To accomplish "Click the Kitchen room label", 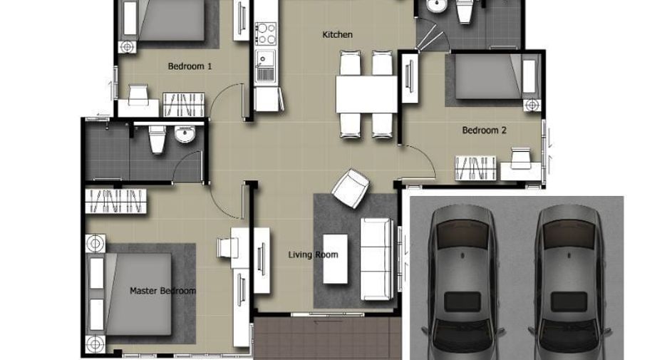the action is tap(337, 34).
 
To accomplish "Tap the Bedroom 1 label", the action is tap(190, 66).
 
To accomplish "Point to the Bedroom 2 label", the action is tap(484, 130).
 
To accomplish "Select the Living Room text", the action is tap(313, 254).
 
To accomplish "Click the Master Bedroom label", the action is tap(162, 291).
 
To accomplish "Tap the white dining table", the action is tap(366, 94).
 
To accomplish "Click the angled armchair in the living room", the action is tap(351, 188).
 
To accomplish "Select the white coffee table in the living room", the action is tap(335, 259).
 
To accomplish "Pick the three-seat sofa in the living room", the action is tap(376, 259).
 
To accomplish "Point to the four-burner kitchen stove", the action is tap(266, 34).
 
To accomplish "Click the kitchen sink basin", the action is tap(265, 58).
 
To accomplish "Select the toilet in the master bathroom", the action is tap(157, 138).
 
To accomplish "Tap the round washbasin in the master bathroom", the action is tap(185, 135).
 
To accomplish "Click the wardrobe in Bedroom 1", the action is tap(183, 105).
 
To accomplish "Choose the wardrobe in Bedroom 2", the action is tap(475, 168).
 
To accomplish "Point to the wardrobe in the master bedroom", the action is tap(115, 201).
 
